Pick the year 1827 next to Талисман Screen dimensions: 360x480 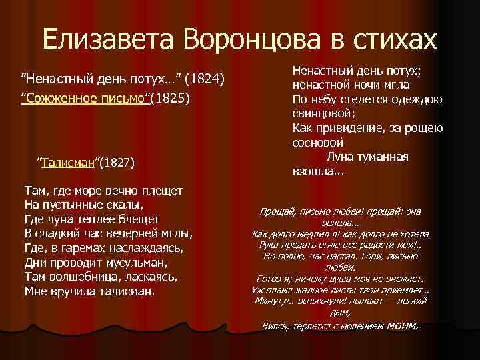point(118,161)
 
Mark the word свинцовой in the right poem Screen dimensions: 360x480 point(319,113)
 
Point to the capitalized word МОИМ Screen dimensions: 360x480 point(399,326)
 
